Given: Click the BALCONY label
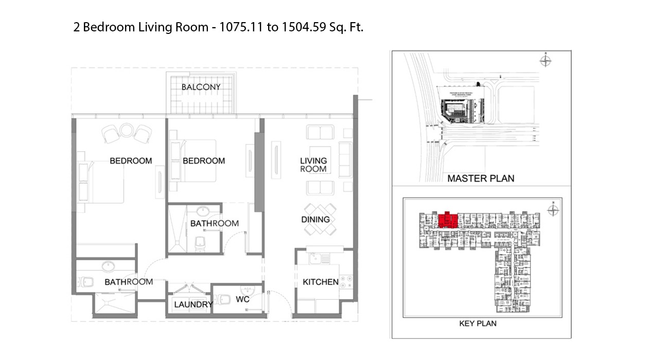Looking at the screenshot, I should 201,87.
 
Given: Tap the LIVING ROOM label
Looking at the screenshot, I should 313,165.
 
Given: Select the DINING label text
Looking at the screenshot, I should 315,219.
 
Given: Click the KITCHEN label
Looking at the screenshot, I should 321,282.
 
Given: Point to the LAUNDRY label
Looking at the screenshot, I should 193,304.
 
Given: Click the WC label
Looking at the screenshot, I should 243,299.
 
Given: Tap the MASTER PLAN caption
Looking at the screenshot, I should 481,178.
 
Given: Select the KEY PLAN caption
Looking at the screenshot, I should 478,323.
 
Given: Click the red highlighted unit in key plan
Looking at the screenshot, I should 448,219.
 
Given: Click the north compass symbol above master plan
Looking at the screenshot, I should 545,61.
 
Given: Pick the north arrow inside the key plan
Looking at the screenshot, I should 553,210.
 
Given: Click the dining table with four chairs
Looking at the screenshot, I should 320,219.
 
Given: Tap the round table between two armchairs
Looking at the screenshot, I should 127,130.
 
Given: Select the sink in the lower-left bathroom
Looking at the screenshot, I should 109,266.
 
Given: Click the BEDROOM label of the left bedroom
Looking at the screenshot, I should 131,161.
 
